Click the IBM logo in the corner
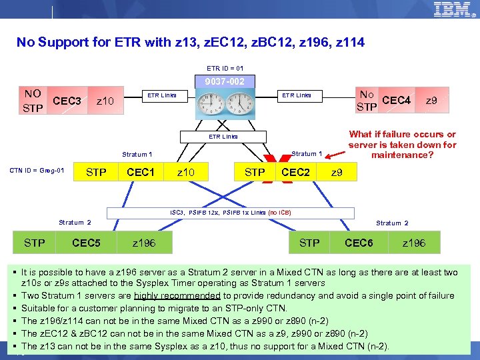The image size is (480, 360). (x=454, y=11)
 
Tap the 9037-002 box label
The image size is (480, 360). (x=225, y=81)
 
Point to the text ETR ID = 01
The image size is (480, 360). (x=225, y=68)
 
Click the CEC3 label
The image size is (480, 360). (x=67, y=101)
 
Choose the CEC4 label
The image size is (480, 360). (x=397, y=101)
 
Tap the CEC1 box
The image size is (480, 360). (x=141, y=172)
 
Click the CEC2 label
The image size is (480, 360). (x=296, y=172)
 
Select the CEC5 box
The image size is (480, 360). (x=86, y=243)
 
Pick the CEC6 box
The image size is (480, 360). (x=359, y=243)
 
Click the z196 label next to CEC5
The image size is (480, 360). (x=144, y=243)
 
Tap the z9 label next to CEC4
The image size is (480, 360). (x=432, y=101)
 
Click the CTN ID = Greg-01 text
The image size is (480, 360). (x=37, y=171)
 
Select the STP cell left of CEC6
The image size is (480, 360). (x=309, y=243)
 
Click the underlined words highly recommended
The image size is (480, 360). (x=177, y=295)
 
